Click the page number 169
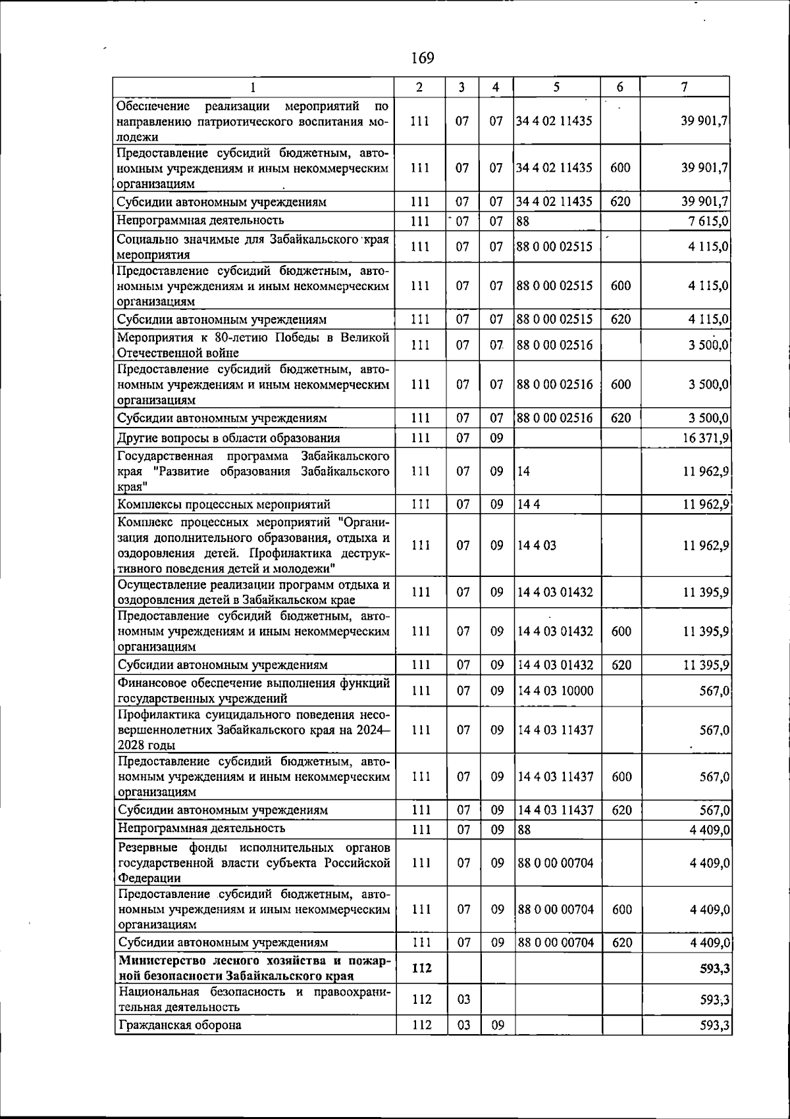(422, 58)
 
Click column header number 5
(556, 87)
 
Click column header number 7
(685, 87)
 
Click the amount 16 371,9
(705, 438)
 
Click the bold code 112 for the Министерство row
(421, 968)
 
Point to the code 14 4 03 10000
(555, 691)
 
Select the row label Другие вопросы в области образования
(228, 438)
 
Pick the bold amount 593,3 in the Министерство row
(715, 968)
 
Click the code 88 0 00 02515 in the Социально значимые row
(554, 247)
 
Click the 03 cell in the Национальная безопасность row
(463, 1000)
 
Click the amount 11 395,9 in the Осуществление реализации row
(706, 592)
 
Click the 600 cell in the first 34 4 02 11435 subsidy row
(620, 168)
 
